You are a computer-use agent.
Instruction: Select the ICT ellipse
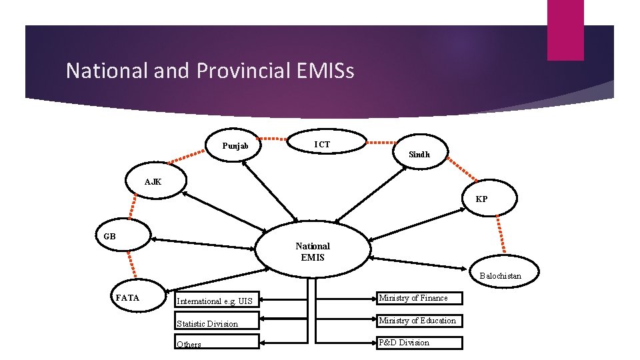coord(322,144)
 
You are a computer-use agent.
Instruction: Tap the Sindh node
coord(419,154)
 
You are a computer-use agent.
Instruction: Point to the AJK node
coord(153,182)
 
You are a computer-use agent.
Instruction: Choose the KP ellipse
coord(481,199)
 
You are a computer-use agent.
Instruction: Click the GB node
coord(111,237)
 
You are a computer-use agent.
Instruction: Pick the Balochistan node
coord(500,275)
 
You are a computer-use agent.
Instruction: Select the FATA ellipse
coord(128,298)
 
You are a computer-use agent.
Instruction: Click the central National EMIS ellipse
coord(313,251)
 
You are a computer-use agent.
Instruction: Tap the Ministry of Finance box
coord(418,298)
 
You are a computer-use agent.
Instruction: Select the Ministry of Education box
coord(418,321)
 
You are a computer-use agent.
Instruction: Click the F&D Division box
coord(418,343)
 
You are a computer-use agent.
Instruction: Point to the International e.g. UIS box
coord(216,301)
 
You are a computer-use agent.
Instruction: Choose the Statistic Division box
coord(216,323)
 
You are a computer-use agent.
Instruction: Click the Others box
coord(216,344)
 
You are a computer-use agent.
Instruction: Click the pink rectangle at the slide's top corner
coord(565,29)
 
